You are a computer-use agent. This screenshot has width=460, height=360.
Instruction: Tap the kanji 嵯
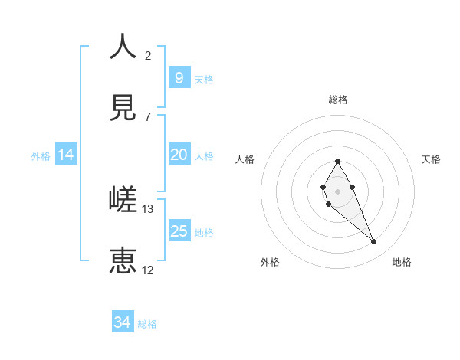[123, 200]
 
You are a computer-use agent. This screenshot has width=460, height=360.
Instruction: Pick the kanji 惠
[123, 260]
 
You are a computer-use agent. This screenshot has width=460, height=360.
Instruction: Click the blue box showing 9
[179, 77]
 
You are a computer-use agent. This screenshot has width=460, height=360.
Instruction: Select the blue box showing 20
[179, 155]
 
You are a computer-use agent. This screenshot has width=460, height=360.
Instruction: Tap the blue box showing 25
[179, 231]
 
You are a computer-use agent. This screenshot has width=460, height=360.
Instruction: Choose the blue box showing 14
[66, 155]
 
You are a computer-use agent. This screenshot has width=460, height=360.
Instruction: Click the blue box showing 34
[123, 322]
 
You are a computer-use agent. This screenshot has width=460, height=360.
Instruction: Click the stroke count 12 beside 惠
[148, 270]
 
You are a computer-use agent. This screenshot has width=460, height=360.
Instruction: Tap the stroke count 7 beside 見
[148, 117]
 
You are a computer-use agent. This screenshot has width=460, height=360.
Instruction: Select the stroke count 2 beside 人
[148, 56]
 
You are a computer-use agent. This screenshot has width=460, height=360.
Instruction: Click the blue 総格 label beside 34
[147, 324]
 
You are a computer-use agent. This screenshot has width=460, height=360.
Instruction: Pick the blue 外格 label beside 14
[41, 156]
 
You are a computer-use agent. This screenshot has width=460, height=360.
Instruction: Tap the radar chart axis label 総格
[338, 100]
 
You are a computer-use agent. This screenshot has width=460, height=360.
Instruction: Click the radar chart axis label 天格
[432, 159]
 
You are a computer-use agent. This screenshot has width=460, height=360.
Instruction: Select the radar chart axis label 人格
[245, 159]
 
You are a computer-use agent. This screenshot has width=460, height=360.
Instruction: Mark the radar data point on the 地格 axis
[374, 242]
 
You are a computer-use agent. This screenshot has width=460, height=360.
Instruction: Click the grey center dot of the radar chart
[337, 191]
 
